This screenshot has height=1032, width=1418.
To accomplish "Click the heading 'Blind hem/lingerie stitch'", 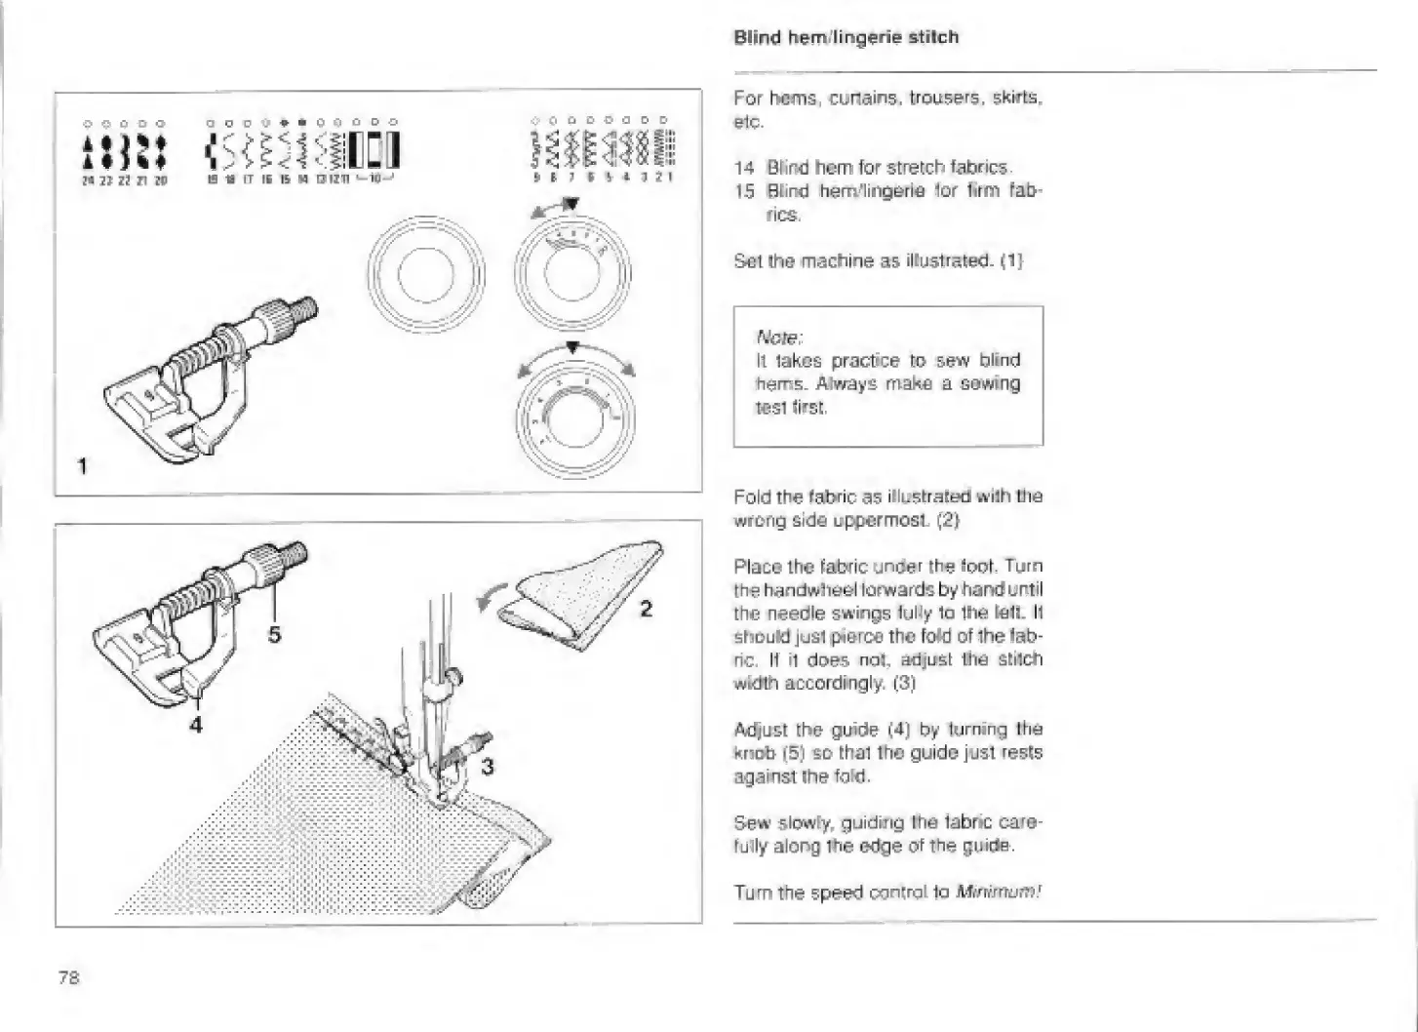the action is pos(846,37).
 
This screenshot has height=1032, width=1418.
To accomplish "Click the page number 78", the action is pos(68,977).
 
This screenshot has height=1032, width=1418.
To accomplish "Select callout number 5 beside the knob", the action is pos(274,635).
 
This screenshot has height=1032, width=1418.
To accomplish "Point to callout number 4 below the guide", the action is pos(196,725).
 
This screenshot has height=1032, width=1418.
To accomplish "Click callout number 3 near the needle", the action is pos(488,767).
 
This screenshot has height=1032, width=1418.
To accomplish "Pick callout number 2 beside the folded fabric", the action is pos(645,610).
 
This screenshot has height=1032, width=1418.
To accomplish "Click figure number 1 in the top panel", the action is pos(83,466).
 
